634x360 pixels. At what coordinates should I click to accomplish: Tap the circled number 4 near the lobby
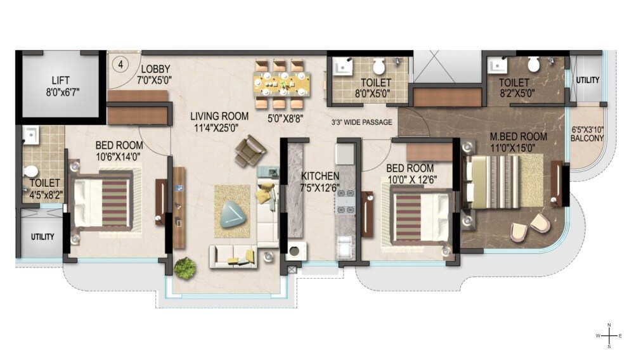coord(120,63)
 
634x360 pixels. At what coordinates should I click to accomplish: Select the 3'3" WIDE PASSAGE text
coord(362,122)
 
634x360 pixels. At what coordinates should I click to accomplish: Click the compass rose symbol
coord(609,335)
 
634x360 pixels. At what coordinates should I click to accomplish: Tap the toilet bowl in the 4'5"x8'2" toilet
coord(31,172)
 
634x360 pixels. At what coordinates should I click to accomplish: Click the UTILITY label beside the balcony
coord(588,79)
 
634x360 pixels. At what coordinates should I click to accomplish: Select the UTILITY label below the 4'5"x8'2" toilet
coord(42,237)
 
